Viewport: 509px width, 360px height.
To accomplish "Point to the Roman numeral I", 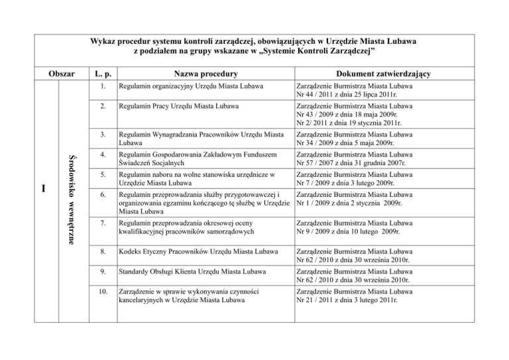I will (x=42, y=189).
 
